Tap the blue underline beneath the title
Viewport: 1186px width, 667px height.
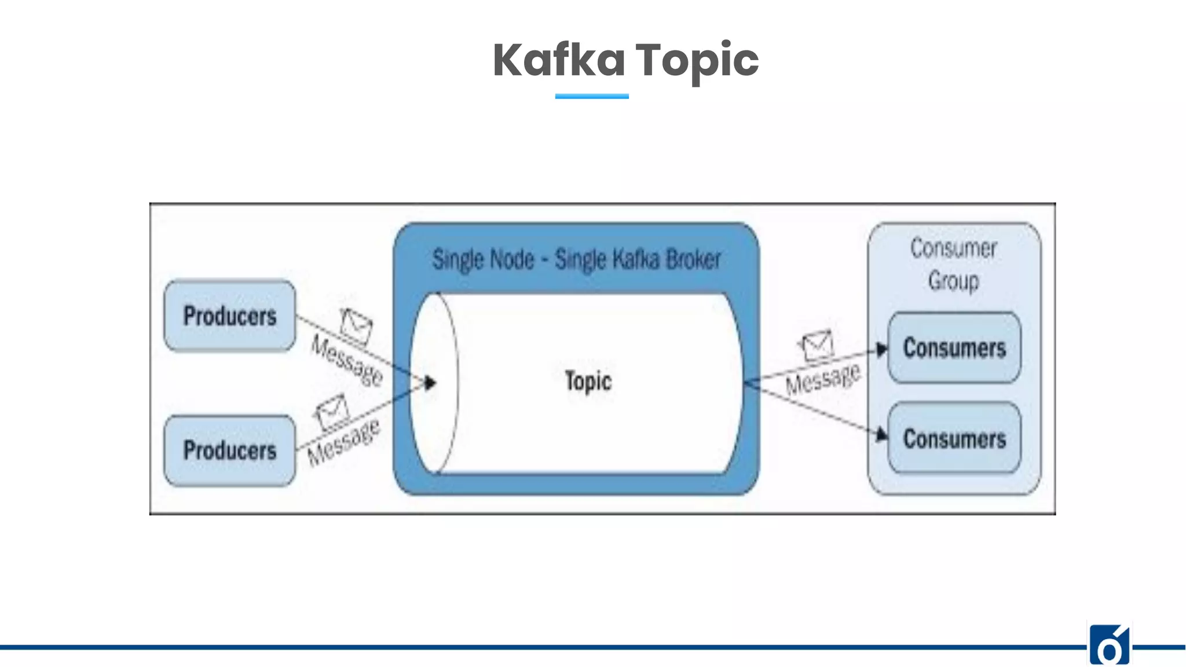pos(592,96)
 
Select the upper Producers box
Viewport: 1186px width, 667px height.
pos(230,316)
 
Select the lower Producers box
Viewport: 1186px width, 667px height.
pos(230,450)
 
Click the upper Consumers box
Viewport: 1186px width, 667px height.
pos(954,348)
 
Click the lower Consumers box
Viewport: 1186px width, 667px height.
pos(954,438)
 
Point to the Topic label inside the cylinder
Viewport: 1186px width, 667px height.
pos(588,382)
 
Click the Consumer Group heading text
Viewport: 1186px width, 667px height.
pos(954,264)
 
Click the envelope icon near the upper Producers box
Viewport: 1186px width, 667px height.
pos(356,325)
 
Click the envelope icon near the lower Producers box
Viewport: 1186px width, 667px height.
pos(332,411)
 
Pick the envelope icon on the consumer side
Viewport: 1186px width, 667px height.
pos(817,346)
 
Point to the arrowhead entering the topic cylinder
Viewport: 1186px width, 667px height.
pos(430,383)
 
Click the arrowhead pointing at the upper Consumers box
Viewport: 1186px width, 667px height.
pos(881,350)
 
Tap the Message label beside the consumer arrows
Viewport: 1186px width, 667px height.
pos(822,379)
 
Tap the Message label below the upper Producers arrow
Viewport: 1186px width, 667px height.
pos(347,361)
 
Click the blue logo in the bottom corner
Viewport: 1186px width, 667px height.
pos(1109,646)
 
